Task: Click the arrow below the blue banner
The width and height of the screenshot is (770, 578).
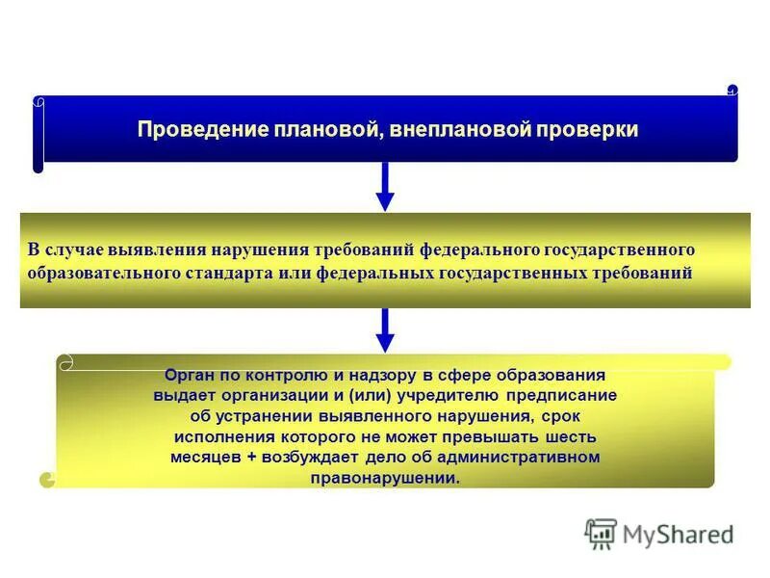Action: coord(385,187)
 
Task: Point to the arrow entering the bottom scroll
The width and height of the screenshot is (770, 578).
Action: coord(385,329)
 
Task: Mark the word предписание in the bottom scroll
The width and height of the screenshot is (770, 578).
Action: coord(569,396)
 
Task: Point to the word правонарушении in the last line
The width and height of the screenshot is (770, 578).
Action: coord(385,477)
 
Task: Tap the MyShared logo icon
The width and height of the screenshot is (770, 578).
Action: coord(601,533)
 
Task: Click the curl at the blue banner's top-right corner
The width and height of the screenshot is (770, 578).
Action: coord(732,90)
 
